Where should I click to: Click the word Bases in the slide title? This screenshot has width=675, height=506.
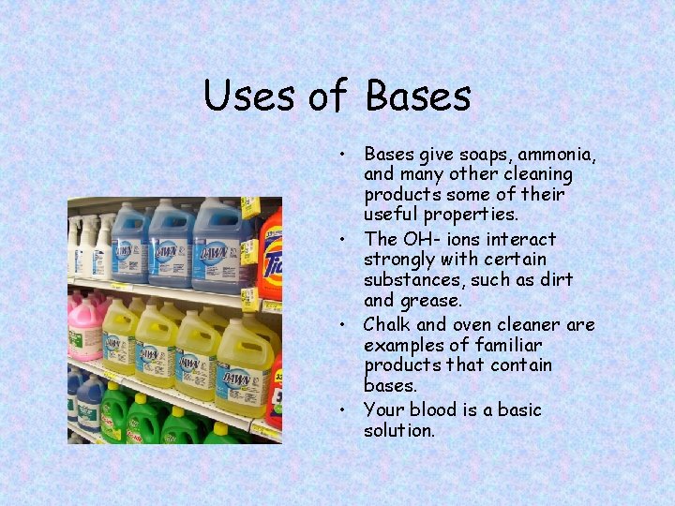[418, 96]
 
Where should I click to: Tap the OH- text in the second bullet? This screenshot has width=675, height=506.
[422, 239]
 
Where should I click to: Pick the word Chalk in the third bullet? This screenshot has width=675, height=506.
[386, 324]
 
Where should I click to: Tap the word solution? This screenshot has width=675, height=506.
[399, 430]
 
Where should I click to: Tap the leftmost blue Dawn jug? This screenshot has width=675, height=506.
[130, 244]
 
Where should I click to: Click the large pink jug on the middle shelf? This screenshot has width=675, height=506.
[85, 328]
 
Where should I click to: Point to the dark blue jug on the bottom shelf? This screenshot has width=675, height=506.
[88, 403]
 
